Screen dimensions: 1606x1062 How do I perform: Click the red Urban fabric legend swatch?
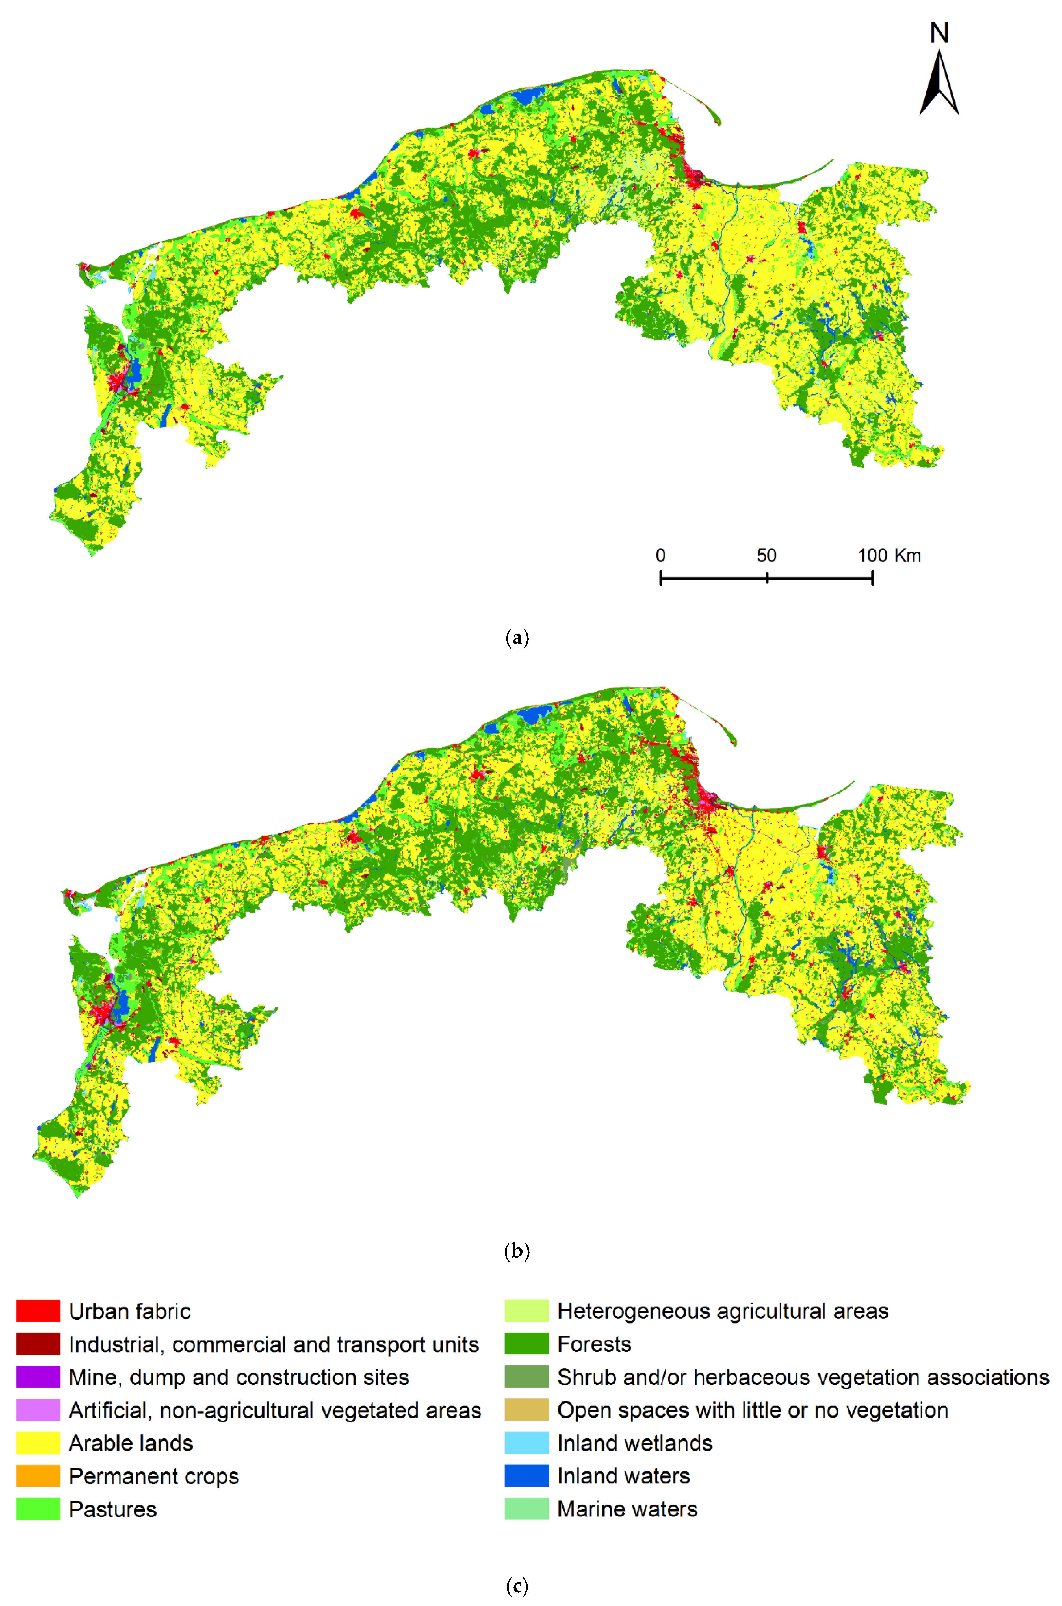click(x=38, y=1311)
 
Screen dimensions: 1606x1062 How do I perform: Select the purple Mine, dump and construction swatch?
click(x=38, y=1377)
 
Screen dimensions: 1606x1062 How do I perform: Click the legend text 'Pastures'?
click(x=112, y=1509)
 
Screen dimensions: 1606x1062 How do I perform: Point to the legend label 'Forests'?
click(x=594, y=1344)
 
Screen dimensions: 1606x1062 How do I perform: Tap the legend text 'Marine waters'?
click(x=627, y=1509)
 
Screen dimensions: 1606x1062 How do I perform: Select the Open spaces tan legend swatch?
click(x=526, y=1410)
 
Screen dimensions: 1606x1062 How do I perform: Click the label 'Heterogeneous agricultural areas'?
click(x=723, y=1311)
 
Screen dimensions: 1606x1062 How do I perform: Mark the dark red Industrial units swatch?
click(x=38, y=1344)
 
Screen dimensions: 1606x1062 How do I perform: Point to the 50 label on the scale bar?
click(x=766, y=555)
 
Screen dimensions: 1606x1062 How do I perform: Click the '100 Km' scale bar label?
click(x=888, y=555)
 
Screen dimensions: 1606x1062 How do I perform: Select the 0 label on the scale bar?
click(x=660, y=555)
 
